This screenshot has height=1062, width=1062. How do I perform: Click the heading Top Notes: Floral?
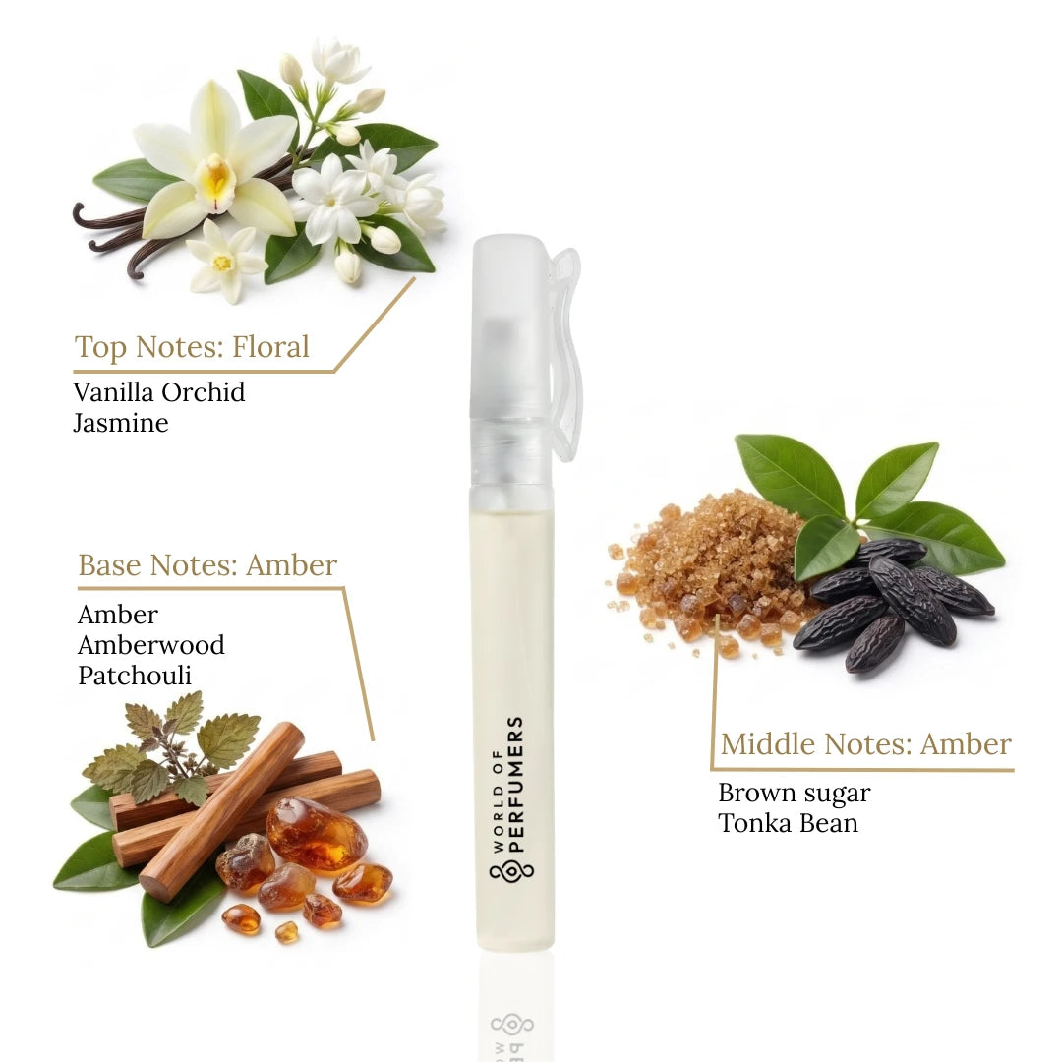[x=192, y=347]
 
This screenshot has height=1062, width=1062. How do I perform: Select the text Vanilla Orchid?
[x=159, y=392]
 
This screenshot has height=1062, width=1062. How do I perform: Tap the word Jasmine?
[x=121, y=423]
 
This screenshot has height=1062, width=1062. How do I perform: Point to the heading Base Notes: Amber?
[x=207, y=565]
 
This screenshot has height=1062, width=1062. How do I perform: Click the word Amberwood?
[x=151, y=645]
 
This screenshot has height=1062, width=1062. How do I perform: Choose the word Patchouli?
[x=135, y=676]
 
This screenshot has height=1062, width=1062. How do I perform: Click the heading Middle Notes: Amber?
[x=865, y=744]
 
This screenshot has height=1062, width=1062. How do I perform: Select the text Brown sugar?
[x=795, y=793]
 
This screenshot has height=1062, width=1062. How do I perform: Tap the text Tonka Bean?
[x=788, y=823]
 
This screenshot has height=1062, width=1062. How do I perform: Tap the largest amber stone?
[x=317, y=833]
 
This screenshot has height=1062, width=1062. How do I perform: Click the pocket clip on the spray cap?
[x=567, y=354]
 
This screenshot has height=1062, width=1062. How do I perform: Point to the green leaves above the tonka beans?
[x=865, y=497]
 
